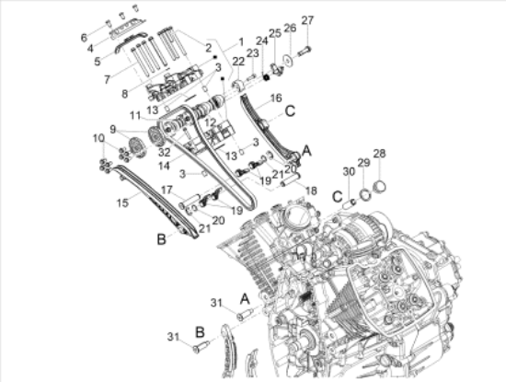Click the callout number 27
click(x=307, y=20)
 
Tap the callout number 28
click(x=379, y=154)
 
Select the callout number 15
click(x=122, y=203)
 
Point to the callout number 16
click(x=276, y=98)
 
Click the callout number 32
click(x=164, y=151)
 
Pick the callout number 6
click(x=84, y=38)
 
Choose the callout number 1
click(x=241, y=42)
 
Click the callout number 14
click(x=164, y=166)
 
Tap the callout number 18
click(x=311, y=191)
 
